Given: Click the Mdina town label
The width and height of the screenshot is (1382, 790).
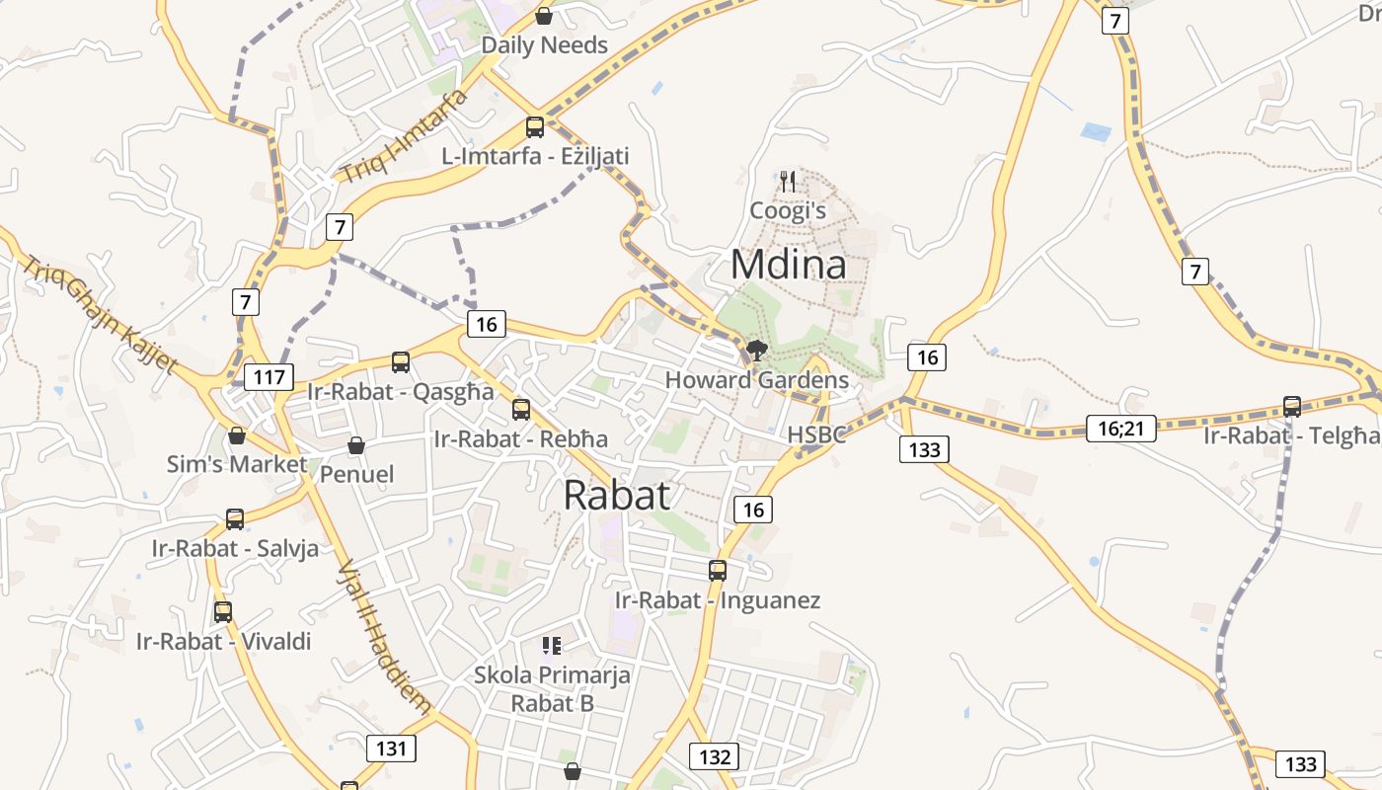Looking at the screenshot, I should (788, 265).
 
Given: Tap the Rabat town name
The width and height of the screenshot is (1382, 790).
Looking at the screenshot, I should (617, 495).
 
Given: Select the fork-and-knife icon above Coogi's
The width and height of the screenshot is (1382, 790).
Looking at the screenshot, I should (787, 181).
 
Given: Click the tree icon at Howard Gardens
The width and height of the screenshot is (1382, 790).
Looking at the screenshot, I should (757, 350).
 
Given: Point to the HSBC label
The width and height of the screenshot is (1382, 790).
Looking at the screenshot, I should (816, 434).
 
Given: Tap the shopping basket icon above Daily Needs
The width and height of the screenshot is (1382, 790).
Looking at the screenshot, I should (543, 16).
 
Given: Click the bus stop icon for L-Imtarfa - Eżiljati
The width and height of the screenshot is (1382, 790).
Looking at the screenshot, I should (534, 126).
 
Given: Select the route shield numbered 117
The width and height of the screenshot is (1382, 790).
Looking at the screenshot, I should (269, 376).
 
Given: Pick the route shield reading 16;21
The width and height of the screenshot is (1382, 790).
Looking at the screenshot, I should (1120, 428).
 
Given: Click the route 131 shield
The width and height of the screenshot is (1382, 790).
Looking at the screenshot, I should (391, 748).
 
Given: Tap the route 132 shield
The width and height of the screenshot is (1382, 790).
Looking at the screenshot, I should (714, 756).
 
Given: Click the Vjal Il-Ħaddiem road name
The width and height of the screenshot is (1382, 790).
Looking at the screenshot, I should (385, 637).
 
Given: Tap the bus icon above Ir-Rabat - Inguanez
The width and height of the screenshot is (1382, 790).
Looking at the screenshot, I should (718, 570).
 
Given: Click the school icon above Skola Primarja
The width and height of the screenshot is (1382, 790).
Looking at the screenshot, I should (551, 646).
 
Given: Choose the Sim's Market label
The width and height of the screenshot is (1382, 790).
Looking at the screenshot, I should (236, 464).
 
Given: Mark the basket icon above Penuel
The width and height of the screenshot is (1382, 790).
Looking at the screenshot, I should (356, 446).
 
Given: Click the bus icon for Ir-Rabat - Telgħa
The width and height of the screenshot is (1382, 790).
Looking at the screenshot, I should (1291, 406).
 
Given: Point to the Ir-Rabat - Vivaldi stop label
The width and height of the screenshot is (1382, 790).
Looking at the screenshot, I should (223, 641).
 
